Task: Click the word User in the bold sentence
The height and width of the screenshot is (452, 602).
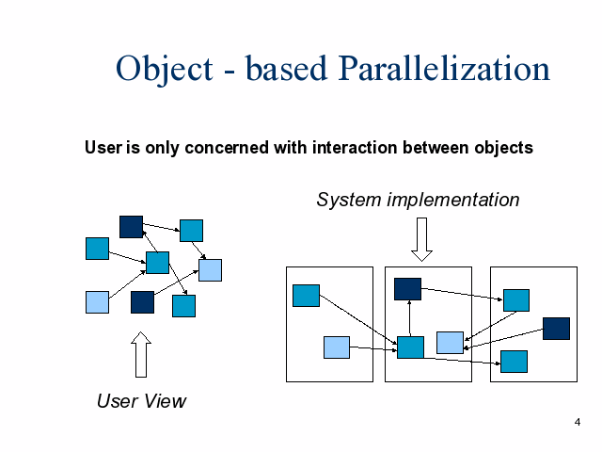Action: [x=101, y=148]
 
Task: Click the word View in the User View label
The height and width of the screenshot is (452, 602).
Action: [x=166, y=401]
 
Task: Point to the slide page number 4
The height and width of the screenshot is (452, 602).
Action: [x=577, y=422]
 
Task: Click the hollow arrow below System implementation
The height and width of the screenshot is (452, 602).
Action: [x=421, y=239]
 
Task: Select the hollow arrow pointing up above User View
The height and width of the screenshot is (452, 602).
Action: [x=141, y=354]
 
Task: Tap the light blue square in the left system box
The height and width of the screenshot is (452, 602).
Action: [x=337, y=347]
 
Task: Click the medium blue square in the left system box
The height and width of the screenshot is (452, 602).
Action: [x=306, y=296]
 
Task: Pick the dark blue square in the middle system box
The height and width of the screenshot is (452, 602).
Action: [x=407, y=289]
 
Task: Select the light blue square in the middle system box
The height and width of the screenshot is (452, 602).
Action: [x=450, y=343]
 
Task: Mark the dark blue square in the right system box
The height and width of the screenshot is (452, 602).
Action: [x=556, y=329]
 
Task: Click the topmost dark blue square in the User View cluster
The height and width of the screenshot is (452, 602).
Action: [x=131, y=227]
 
